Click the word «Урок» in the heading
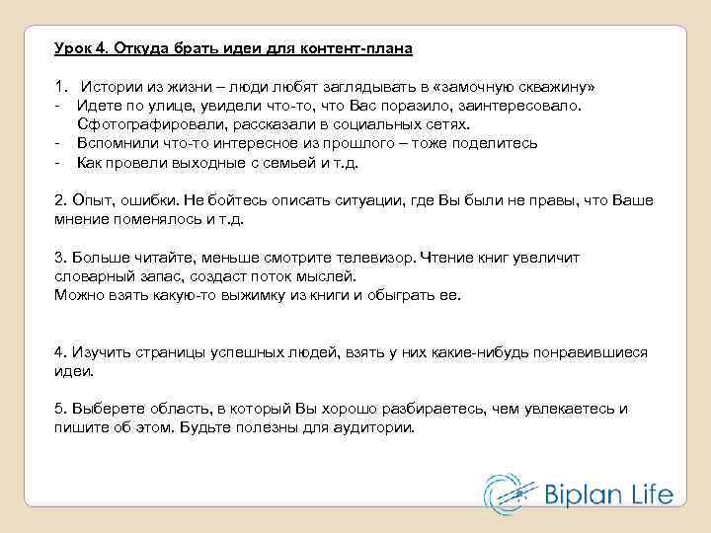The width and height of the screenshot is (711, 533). click(73, 47)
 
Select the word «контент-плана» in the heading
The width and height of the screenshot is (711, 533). click(364, 47)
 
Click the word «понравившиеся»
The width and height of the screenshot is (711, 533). click(591, 352)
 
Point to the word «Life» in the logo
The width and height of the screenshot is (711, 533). click(651, 494)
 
